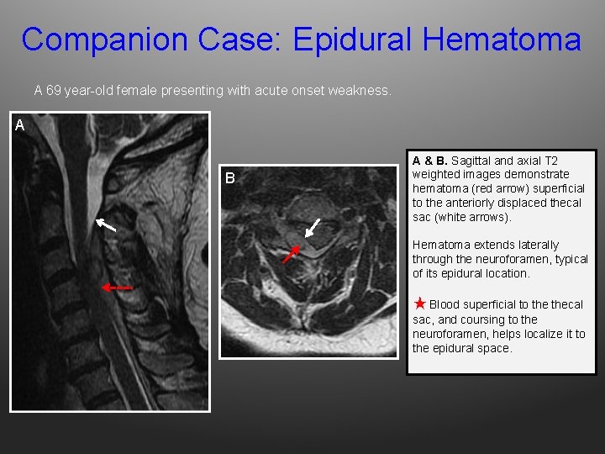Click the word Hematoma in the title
[x=502, y=40]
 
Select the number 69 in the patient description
[x=53, y=89]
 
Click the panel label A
[x=20, y=126]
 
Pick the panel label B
[x=229, y=177]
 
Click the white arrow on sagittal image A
[x=105, y=224]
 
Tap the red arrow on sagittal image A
[x=117, y=287]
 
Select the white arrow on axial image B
[x=313, y=227]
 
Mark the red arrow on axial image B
[x=291, y=254]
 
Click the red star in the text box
[x=419, y=303]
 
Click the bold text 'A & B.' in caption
[x=429, y=161]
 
